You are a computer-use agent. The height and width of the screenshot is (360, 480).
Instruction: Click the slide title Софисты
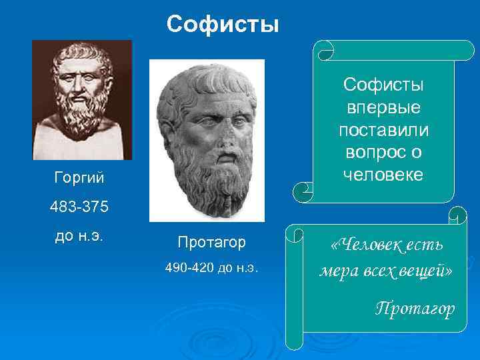(223, 25)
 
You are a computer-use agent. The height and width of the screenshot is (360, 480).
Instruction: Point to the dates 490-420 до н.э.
(211, 268)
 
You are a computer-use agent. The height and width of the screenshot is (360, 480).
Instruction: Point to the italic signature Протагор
(415, 308)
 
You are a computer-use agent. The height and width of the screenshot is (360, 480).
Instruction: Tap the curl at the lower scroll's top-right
(458, 217)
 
